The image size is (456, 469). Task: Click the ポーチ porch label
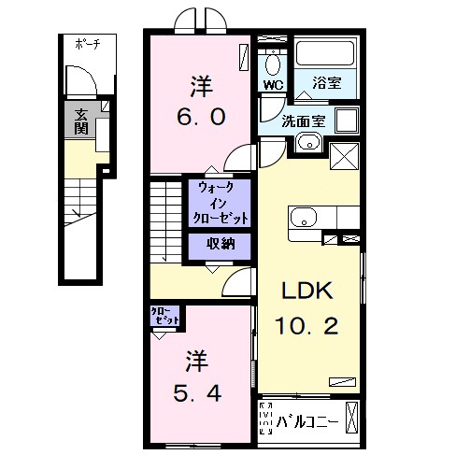88,44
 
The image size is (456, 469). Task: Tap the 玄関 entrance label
81,121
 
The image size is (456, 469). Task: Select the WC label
273,85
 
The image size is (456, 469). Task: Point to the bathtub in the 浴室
325,53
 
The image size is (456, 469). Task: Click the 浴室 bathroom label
327,82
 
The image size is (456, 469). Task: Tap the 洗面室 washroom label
304,121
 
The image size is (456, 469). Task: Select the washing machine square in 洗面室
347,121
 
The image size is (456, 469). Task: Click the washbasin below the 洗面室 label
309,143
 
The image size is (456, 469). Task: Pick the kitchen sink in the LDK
304,217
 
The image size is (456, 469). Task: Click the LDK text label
307,291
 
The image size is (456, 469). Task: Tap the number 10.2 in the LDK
306,326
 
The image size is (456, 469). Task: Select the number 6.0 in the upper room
201,117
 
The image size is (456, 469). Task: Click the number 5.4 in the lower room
197,393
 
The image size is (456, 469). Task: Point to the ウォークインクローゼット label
221,203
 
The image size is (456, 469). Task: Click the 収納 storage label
221,244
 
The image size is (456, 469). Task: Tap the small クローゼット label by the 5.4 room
165,316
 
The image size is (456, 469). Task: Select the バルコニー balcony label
307,422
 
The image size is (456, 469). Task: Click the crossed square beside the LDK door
344,156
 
